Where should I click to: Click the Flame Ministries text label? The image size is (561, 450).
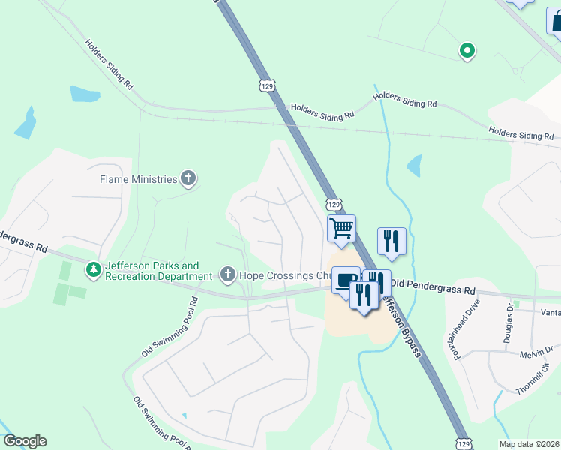[x=139, y=179]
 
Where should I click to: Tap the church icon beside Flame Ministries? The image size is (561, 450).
[x=187, y=179]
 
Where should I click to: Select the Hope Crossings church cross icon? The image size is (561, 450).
[x=228, y=275]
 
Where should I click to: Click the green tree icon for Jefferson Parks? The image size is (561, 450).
[x=93, y=268]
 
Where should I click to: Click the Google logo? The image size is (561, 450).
[x=25, y=441]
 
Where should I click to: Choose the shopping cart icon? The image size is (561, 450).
[x=341, y=228]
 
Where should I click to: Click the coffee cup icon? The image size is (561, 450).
[x=346, y=280]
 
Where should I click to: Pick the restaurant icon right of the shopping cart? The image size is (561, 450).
[x=391, y=241]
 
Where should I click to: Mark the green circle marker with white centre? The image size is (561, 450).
[x=466, y=51]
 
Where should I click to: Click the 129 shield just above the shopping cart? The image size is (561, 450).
[x=334, y=204]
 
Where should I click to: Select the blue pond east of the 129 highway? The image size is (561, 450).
[x=414, y=165]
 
